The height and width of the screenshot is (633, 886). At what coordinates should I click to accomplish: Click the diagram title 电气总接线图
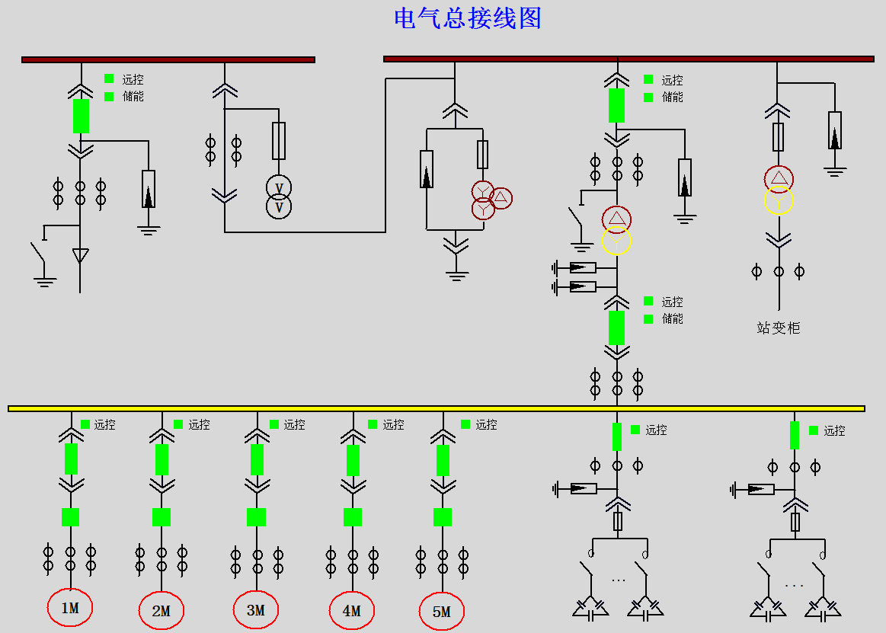tap(467, 18)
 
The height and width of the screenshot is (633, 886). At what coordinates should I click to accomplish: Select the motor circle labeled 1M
tap(69, 608)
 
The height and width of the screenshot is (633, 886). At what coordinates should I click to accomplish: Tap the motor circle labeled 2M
tap(162, 611)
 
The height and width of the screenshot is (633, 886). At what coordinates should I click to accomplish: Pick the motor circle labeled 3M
tap(256, 610)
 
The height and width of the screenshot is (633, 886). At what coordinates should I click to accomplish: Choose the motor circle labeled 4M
tap(352, 611)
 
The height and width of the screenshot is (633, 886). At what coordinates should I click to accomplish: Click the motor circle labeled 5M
tap(442, 612)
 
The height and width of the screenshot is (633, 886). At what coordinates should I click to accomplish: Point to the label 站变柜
tap(778, 328)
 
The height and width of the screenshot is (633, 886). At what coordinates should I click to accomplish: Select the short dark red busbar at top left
tap(168, 59)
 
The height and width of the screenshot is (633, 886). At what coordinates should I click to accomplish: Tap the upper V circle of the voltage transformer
tap(279, 187)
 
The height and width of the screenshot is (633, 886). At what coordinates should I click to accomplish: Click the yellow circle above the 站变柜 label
tap(779, 201)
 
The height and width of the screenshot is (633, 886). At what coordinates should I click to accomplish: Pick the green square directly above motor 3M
tap(256, 517)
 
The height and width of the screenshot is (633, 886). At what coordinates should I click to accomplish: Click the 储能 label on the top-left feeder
tap(133, 97)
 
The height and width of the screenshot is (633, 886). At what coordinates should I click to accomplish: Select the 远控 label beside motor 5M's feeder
tap(486, 425)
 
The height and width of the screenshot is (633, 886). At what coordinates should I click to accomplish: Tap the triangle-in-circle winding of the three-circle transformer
tap(501, 198)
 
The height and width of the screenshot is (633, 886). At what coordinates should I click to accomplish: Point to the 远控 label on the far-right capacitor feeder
tap(834, 431)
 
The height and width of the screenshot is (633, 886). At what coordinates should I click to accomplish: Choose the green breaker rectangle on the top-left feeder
tap(81, 116)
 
